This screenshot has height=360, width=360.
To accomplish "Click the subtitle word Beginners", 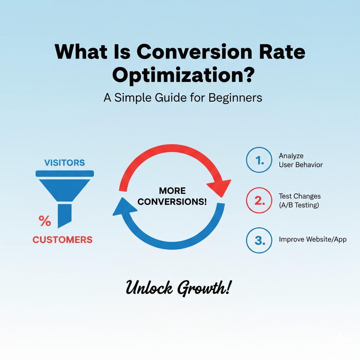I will [235, 97].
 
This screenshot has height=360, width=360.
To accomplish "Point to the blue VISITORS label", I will [64, 163].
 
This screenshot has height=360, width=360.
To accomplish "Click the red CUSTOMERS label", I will [63, 240].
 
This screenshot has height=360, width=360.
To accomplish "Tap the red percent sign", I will [45, 221].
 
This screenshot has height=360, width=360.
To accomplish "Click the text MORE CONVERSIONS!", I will [172, 196].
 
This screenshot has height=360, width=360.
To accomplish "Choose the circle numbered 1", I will [259, 160].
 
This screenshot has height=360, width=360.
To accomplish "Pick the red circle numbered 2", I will [259, 200].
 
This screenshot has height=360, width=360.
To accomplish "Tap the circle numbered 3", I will [259, 240].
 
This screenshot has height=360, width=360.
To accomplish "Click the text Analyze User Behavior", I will [300, 160].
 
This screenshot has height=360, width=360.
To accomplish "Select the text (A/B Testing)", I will [299, 205].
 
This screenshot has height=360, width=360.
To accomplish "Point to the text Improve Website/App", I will [313, 239].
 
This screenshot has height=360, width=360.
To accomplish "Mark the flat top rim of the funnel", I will [65, 173].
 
